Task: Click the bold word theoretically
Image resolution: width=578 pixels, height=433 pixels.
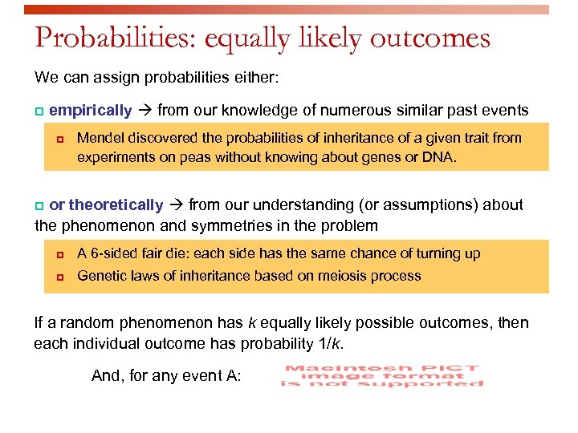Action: click(116, 205)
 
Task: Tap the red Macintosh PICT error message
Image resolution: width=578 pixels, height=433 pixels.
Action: click(381, 375)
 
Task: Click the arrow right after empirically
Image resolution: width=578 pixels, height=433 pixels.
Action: click(144, 111)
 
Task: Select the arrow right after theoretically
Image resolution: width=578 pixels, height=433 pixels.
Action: click(176, 205)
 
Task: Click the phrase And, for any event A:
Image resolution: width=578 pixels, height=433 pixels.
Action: click(166, 375)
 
